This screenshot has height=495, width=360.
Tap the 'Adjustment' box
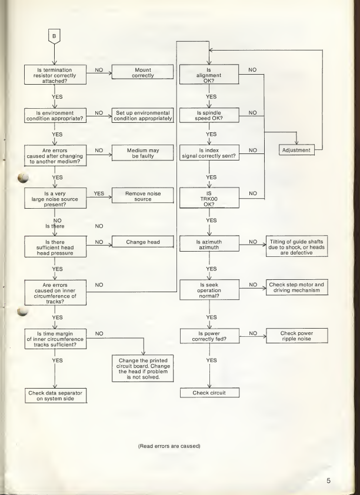296,150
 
